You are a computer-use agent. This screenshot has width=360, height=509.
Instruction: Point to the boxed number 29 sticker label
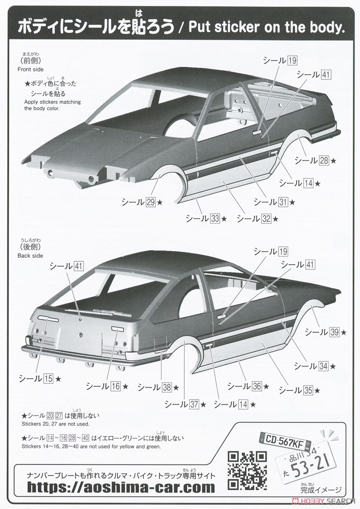tap(151, 202)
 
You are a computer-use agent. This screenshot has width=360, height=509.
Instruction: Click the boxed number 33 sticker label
tap(215, 218)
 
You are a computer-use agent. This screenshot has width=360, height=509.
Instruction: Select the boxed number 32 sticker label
tap(266, 218)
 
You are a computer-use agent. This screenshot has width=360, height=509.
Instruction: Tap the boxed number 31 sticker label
tap(283, 202)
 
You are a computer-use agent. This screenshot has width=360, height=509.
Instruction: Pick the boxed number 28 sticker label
tap(324, 161)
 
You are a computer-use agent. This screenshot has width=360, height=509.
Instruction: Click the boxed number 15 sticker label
tap(48, 379)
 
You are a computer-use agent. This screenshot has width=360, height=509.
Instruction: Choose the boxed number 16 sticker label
tap(115, 386)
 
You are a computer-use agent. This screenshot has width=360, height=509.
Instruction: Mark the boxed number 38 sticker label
tap(167, 387)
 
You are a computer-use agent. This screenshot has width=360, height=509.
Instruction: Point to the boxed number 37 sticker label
tap(194, 405)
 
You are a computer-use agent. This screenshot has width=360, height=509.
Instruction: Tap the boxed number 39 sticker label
tap(335, 333)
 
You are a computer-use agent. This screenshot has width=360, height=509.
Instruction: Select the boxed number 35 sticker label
tap(308, 391)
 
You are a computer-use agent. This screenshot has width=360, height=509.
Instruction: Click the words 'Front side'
tap(31, 69)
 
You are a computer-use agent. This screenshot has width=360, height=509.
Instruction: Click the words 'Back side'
tap(30, 256)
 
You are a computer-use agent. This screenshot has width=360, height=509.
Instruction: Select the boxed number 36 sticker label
tap(257, 386)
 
